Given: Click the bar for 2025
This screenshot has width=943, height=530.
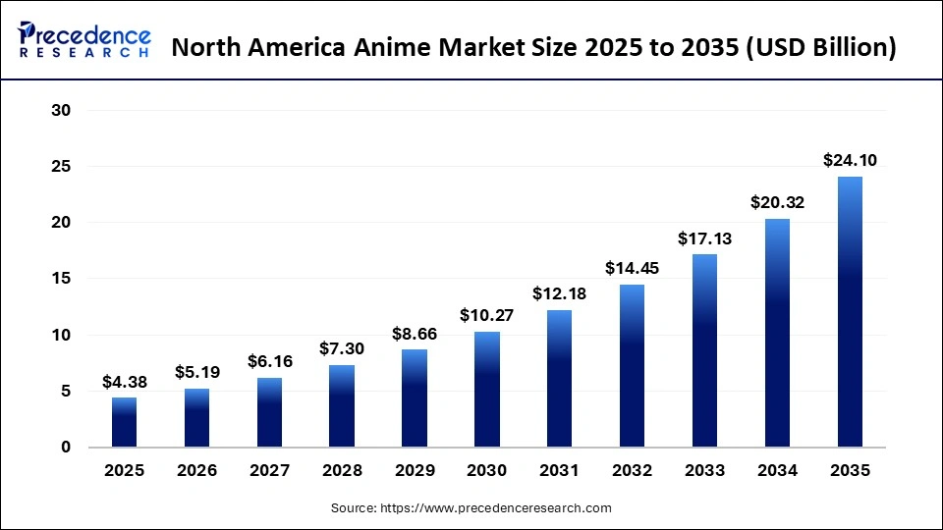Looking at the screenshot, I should tap(124, 422).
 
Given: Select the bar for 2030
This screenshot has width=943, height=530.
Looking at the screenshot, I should tap(486, 390).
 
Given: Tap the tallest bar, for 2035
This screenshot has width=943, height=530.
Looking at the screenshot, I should tap(850, 312).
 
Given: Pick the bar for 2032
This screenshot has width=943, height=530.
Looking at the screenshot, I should tap(632, 366).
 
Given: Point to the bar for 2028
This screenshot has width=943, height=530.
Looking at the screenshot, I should tap(342, 406).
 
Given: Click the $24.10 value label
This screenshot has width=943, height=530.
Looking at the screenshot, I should tap(850, 160).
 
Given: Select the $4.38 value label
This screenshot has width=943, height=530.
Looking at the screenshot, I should tap(124, 381).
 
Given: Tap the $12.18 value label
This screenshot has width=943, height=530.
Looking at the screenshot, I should tap(559, 293).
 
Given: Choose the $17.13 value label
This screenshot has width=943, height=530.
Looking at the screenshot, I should tap(704, 238).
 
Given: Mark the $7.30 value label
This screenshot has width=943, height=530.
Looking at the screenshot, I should tap(342, 348).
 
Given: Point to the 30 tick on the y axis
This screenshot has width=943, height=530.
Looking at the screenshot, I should tap(61, 111).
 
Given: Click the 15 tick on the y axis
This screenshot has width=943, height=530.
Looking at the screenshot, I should tap(61, 279).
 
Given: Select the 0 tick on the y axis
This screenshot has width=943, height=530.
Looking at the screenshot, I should tap(66, 448).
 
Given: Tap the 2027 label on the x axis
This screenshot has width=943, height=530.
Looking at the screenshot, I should tap(269, 471).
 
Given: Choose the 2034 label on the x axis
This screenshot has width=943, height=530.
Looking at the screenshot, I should tap(777, 471).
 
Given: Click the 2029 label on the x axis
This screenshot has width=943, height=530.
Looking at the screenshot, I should tap(414, 471).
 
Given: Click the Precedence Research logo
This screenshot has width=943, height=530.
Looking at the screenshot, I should tap(83, 39).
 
